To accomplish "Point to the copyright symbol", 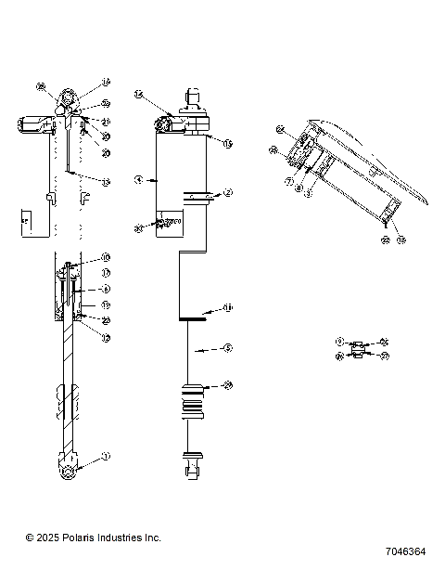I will [30, 538].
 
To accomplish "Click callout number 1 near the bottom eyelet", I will [105, 456].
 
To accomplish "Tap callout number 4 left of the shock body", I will [137, 180].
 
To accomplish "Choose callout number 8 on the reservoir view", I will [299, 189].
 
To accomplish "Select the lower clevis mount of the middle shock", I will [194, 463].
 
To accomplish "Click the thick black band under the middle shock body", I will [194, 319].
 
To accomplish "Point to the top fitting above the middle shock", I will [194, 96].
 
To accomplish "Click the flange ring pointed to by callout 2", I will [197, 195].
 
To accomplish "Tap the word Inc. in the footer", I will [151, 538].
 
